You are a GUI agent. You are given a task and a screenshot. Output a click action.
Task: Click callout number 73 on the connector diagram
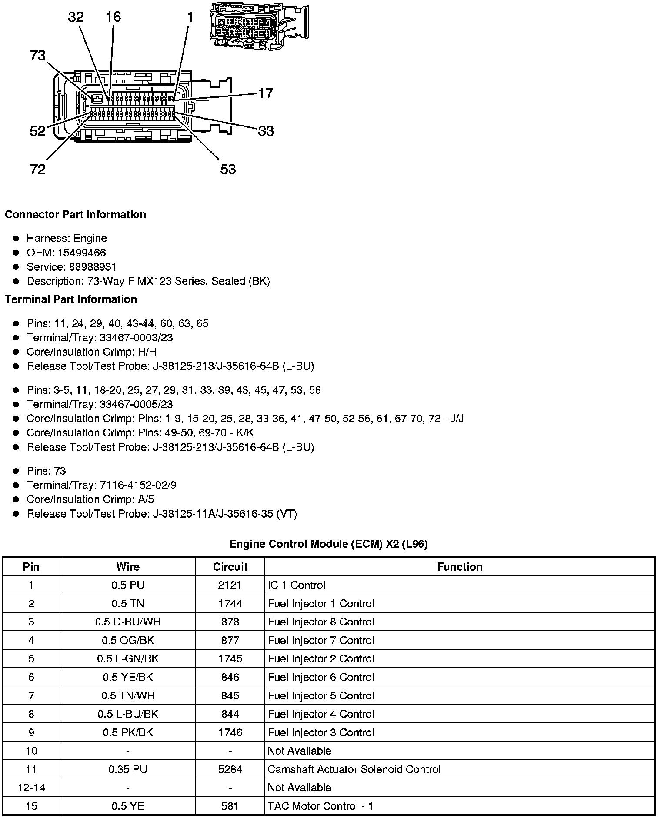pos(38,56)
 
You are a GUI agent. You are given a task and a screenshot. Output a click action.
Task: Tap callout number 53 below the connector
pos(228,169)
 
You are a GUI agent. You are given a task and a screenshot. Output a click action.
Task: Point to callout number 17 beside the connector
pos(266,93)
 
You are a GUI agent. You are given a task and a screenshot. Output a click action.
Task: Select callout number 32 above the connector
pos(76,17)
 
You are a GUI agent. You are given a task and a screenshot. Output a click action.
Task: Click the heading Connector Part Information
pos(76,215)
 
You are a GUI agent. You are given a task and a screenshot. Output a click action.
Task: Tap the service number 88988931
pos(93,267)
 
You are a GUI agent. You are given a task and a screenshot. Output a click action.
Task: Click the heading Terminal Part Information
pos(71,299)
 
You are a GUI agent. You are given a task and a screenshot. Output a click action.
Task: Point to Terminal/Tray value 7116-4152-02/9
pos(138,485)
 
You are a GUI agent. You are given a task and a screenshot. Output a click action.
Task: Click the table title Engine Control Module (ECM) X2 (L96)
pos(328,544)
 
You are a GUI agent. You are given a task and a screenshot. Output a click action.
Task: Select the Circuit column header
pos(230,567)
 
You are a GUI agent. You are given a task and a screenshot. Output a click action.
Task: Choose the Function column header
pos(460,567)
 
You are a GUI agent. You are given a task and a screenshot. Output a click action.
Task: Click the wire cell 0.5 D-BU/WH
pos(128,622)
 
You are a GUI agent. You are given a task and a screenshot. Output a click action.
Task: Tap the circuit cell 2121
pos(230,585)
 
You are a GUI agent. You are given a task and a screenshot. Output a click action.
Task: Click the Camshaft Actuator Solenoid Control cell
pos(354,769)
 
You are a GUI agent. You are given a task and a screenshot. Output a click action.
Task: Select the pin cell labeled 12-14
pos(31,788)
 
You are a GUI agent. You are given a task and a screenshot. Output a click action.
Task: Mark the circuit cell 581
pos(230,806)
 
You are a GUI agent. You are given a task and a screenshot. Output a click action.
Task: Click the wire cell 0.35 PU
pos(128,769)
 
